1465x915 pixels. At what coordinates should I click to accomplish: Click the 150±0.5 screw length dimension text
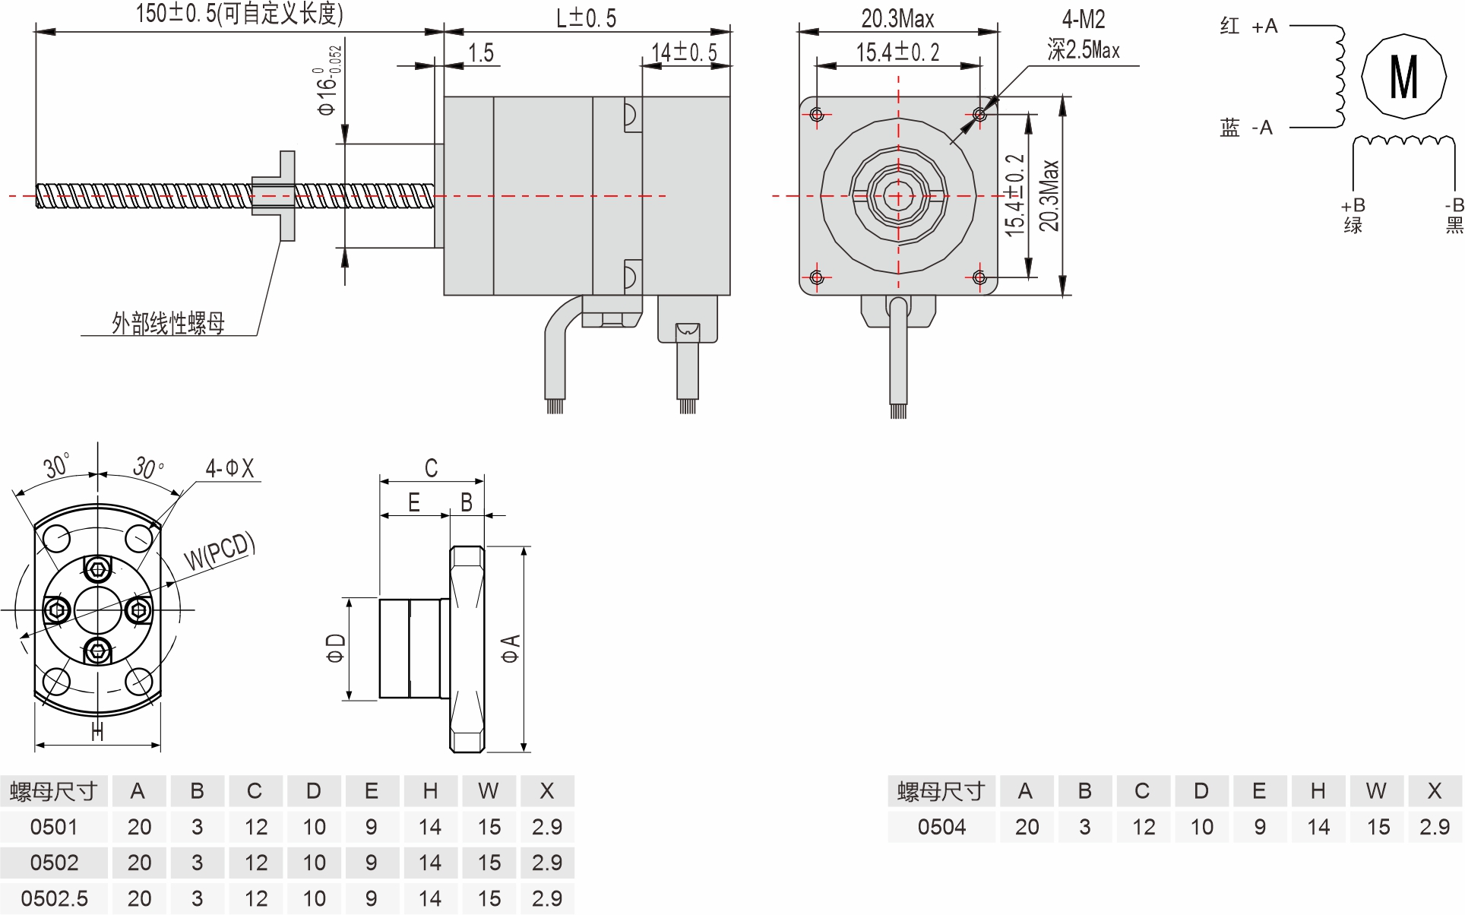pyautogui.click(x=239, y=14)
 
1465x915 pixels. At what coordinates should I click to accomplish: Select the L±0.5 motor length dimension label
pyautogui.click(x=586, y=17)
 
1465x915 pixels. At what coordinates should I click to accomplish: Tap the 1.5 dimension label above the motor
pyautogui.click(x=480, y=52)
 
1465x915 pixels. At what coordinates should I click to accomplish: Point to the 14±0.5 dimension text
pyautogui.click(x=684, y=52)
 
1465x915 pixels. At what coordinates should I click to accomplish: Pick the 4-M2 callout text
pyautogui.click(x=1083, y=20)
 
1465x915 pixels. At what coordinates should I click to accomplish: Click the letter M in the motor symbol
pyautogui.click(x=1403, y=77)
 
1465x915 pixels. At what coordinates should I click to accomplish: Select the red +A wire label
pyautogui.click(x=1249, y=27)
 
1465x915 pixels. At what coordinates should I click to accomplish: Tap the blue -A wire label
pyautogui.click(x=1246, y=128)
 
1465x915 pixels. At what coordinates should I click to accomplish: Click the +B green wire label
pyautogui.click(x=1353, y=215)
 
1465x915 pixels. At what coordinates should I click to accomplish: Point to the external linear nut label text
pyautogui.click(x=168, y=324)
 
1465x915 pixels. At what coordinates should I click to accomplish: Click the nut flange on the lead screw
pyautogui.click(x=286, y=195)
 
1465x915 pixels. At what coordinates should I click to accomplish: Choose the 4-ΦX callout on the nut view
pyautogui.click(x=229, y=468)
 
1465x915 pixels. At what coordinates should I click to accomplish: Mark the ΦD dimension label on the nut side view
pyautogui.click(x=335, y=648)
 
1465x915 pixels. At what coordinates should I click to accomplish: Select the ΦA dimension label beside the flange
pyautogui.click(x=510, y=648)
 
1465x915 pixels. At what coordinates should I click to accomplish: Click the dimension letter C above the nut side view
pyautogui.click(x=431, y=468)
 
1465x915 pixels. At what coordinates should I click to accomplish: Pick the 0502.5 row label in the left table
pyautogui.click(x=54, y=898)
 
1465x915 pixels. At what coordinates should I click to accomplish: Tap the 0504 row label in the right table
pyautogui.click(x=941, y=827)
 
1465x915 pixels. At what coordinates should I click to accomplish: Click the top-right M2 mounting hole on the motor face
pyautogui.click(x=979, y=115)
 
